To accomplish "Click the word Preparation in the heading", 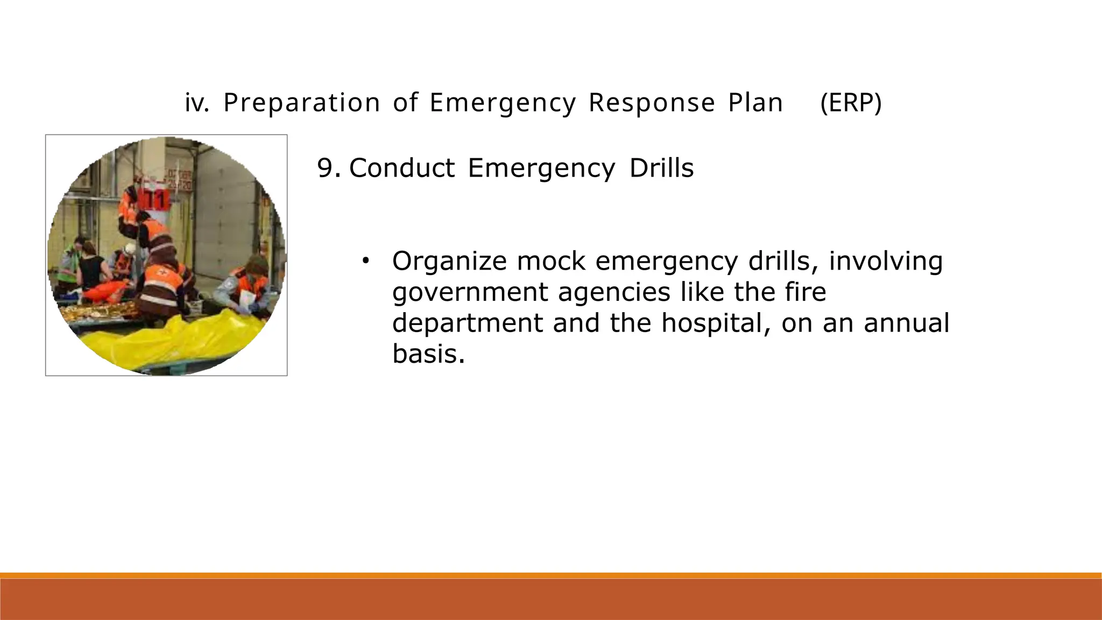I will click(301, 103).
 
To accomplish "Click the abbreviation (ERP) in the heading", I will click(851, 103).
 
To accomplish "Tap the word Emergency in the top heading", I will click(503, 103).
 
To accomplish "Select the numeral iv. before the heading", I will click(196, 103).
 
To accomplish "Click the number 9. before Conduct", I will click(328, 168).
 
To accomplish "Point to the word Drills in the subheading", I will click(661, 168).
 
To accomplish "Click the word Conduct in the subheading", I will click(402, 168).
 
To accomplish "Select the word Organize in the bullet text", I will click(449, 262).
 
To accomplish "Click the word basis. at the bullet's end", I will click(428, 354).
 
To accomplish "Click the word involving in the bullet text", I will click(885, 262).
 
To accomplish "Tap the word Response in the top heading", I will click(652, 103).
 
